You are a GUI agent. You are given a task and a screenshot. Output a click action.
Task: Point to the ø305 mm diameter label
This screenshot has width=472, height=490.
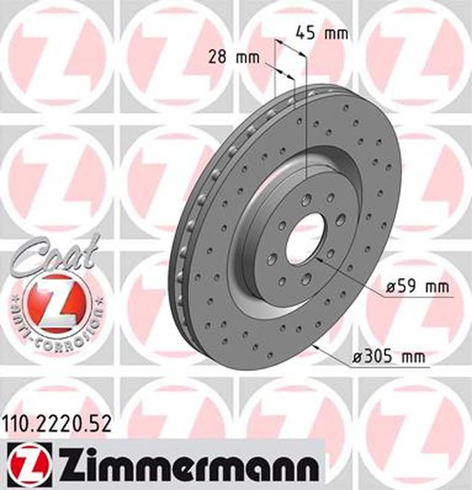coord(389,356)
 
